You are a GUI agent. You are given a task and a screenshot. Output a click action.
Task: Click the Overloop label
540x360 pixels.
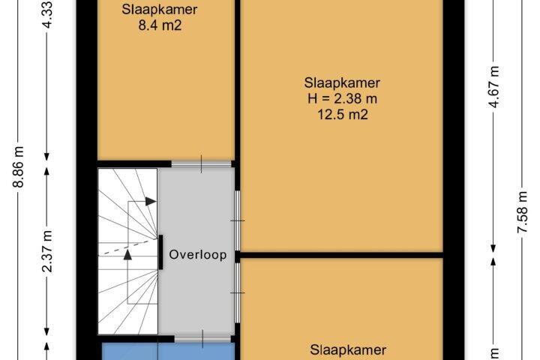pyautogui.click(x=198, y=254)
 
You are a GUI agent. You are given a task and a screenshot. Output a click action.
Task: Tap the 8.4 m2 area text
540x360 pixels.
pyautogui.click(x=160, y=25)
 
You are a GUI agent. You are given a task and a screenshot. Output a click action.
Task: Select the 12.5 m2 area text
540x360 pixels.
pyautogui.click(x=342, y=114)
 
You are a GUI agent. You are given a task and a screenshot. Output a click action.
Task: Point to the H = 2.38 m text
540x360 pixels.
pyautogui.click(x=342, y=98)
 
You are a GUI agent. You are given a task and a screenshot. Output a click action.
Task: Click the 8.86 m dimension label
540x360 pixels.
pyautogui.click(x=18, y=167)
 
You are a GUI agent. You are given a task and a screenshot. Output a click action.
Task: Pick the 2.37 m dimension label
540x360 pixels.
pyautogui.click(x=47, y=251)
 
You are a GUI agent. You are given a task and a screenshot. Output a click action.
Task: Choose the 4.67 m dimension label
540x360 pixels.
pyautogui.click(x=494, y=87)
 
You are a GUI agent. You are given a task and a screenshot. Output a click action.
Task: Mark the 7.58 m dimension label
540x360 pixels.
pyautogui.click(x=523, y=212)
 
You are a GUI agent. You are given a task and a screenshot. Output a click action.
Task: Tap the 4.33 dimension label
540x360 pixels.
pyautogui.click(x=47, y=15)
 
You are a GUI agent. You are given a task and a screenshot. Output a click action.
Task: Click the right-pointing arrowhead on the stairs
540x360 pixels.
pyautogui.click(x=151, y=202)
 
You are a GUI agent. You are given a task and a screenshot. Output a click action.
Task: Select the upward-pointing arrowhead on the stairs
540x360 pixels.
pyautogui.click(x=127, y=254)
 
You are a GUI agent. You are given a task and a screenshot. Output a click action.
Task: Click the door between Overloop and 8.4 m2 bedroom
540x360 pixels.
pyautogui.click(x=202, y=163)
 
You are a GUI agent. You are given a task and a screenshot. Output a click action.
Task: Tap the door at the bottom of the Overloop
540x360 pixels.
pyautogui.click(x=202, y=339)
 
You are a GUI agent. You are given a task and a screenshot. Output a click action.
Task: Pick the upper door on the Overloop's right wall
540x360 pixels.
pyautogui.click(x=238, y=220)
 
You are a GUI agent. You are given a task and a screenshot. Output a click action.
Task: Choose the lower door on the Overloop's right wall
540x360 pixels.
pyautogui.click(x=238, y=292)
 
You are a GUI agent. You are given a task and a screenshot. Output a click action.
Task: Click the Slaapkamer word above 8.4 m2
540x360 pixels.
pyautogui.click(x=160, y=9)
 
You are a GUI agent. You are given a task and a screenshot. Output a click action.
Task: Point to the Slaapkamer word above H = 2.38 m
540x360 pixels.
pyautogui.click(x=342, y=82)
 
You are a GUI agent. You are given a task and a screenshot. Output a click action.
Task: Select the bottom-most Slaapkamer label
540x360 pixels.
pyautogui.click(x=348, y=350)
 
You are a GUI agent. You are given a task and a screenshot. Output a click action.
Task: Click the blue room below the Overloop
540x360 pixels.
pyautogui.click(x=168, y=352)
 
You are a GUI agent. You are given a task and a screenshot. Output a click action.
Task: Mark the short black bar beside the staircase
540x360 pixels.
pyautogui.click(x=160, y=253)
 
